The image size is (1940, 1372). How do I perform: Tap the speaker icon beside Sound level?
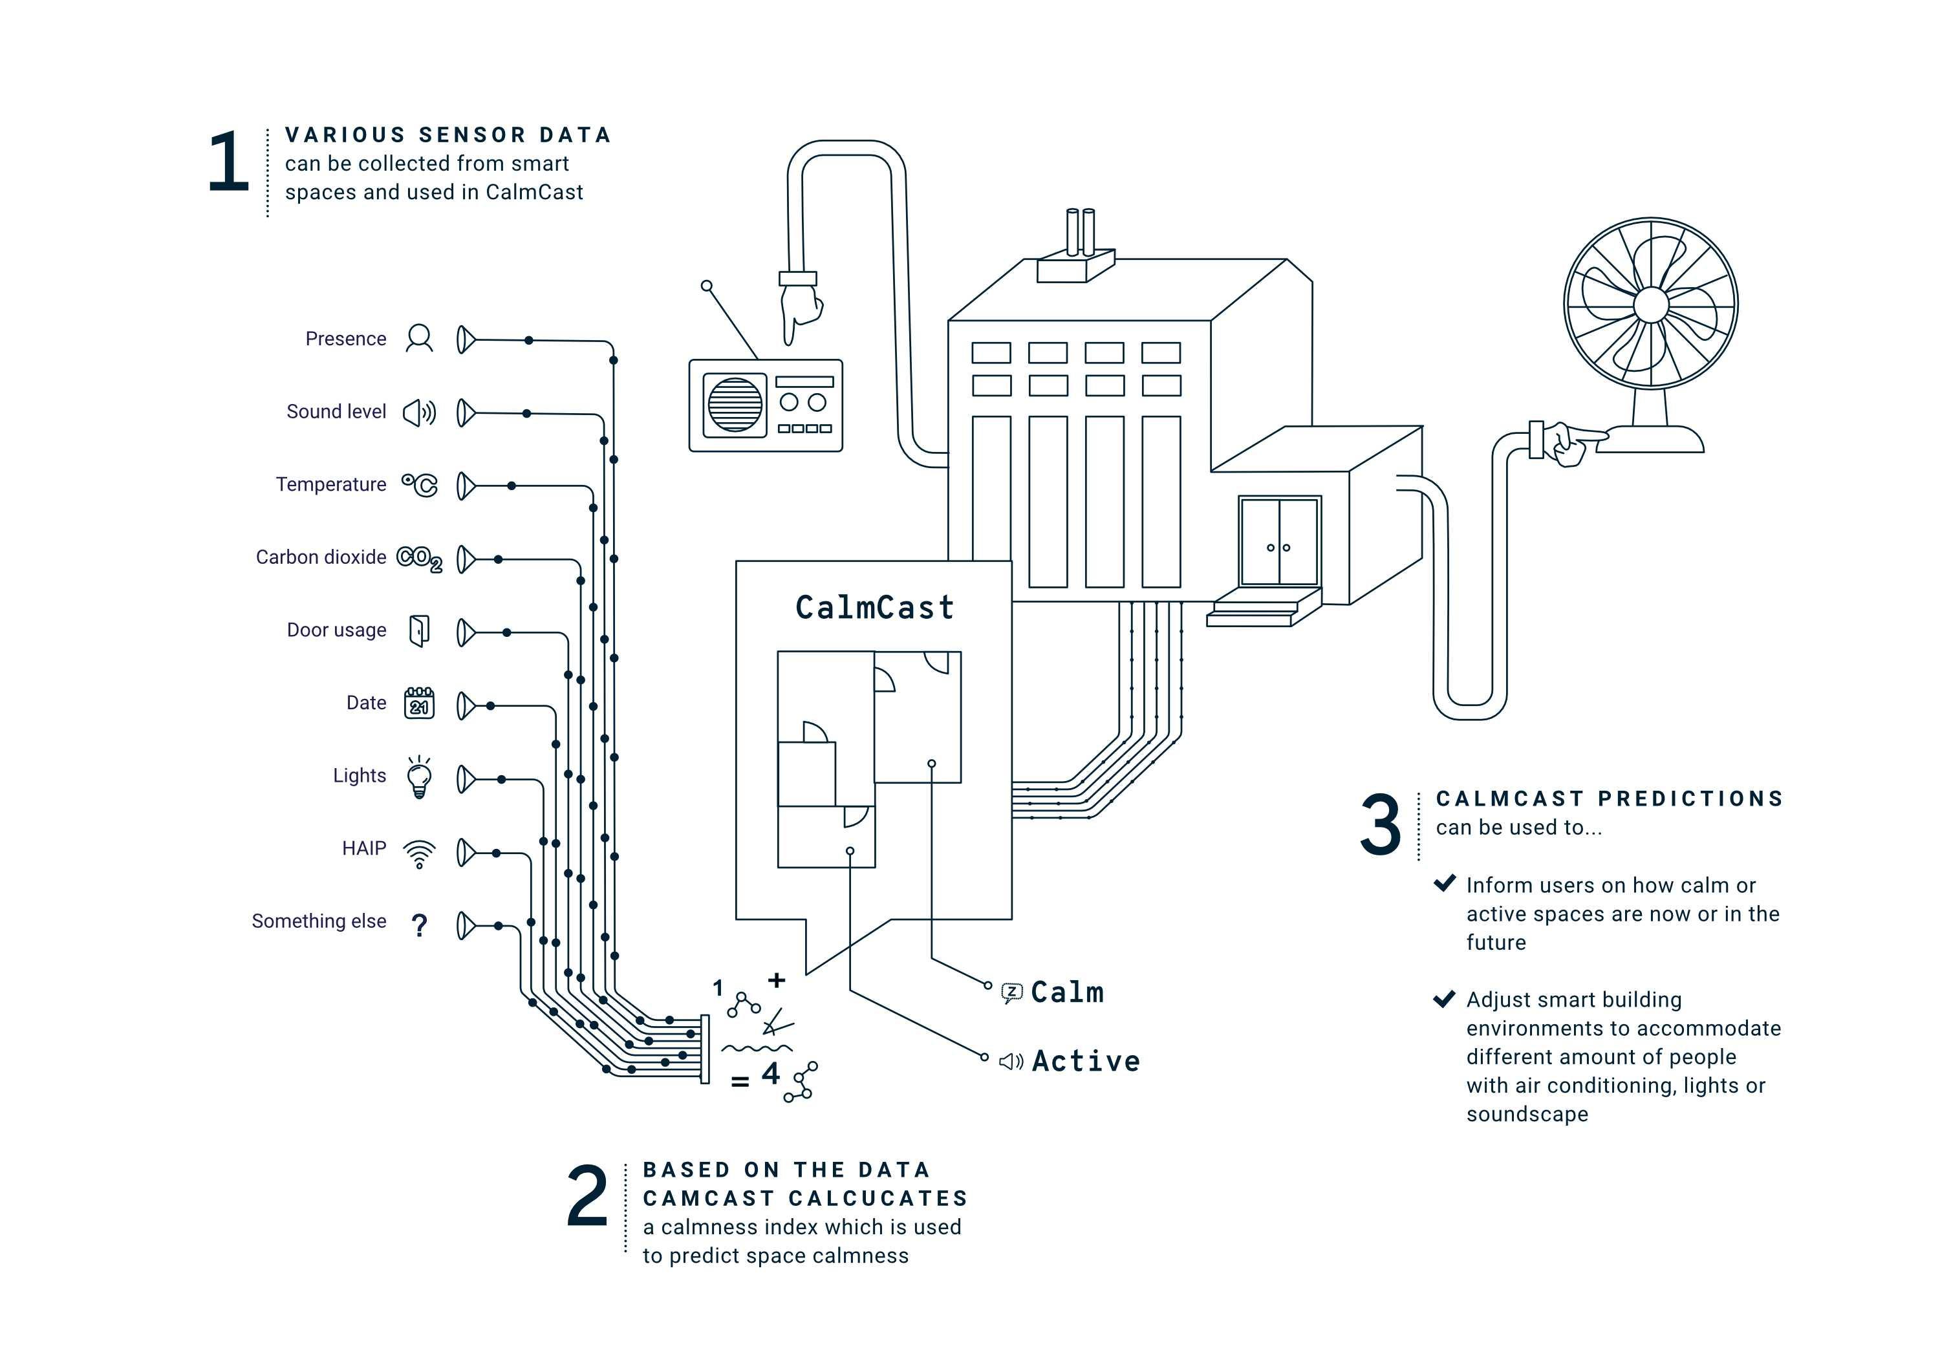(x=419, y=413)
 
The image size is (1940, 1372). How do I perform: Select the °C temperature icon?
(x=420, y=485)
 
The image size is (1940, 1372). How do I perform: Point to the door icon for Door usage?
(x=419, y=631)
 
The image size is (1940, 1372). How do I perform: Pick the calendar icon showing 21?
(x=419, y=703)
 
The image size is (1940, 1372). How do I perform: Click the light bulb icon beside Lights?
(x=419, y=777)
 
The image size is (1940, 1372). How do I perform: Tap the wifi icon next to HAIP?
(x=419, y=853)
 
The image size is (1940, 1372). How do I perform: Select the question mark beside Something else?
(x=419, y=925)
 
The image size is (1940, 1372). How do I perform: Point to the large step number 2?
(x=587, y=1195)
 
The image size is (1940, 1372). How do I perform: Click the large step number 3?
(x=1381, y=824)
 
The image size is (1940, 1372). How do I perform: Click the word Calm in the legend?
(x=1067, y=992)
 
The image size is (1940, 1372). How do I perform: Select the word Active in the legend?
(x=1086, y=1061)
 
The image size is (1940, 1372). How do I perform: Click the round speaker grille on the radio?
(x=734, y=405)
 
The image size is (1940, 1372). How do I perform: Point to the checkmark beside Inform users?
(x=1445, y=884)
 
